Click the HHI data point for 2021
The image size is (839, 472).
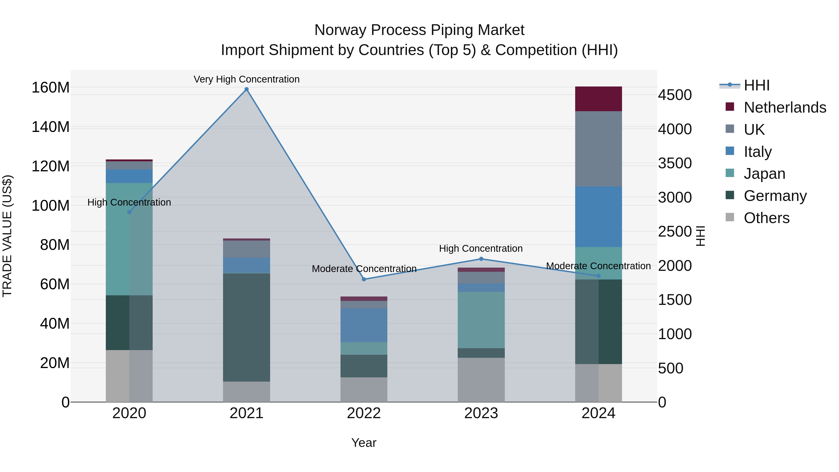coord(247,89)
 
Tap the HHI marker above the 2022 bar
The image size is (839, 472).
coord(364,279)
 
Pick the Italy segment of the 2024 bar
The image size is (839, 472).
coord(598,217)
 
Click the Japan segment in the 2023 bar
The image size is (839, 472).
coord(481,320)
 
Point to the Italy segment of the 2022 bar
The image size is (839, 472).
coord(364,325)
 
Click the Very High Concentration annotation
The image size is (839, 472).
coord(247,79)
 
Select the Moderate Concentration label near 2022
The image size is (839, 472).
coord(364,269)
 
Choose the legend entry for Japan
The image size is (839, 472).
coord(764,174)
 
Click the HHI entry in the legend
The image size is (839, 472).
coord(756,85)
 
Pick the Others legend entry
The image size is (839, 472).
coord(766,218)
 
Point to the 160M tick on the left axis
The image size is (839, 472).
coord(51,88)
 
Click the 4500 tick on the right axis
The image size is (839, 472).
coord(674,95)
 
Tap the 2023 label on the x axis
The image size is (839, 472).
coord(481,413)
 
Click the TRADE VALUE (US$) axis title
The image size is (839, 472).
coord(7,236)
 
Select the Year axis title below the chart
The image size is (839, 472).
coord(364,443)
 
